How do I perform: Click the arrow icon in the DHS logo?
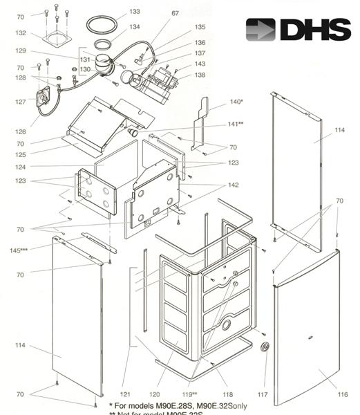(x=260, y=29)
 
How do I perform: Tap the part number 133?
(x=134, y=12)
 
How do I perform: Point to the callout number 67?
(x=175, y=13)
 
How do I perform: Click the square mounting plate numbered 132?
(x=57, y=39)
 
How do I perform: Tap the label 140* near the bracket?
(x=236, y=102)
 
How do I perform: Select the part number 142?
(x=234, y=185)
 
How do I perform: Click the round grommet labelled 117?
(x=264, y=346)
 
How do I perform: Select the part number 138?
(x=200, y=74)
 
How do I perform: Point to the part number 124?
(x=20, y=166)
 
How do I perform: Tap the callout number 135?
(x=200, y=27)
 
